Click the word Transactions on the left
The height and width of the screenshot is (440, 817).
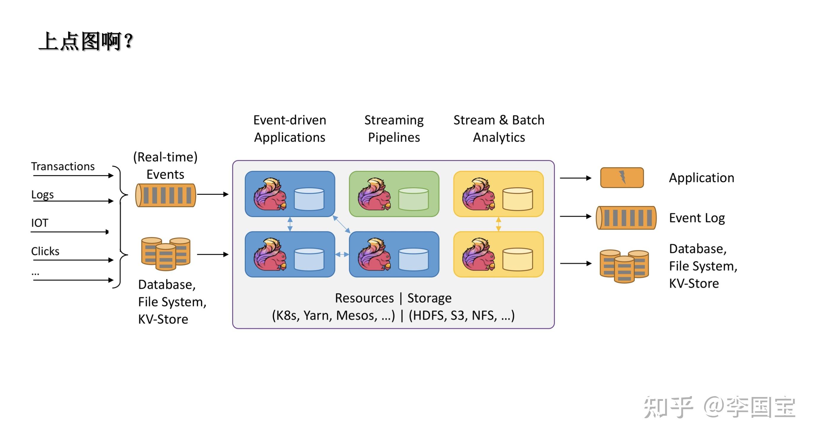(x=63, y=166)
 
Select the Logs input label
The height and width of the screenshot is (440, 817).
(x=42, y=194)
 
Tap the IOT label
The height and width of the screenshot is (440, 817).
(x=40, y=223)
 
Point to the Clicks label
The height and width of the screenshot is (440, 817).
(x=45, y=251)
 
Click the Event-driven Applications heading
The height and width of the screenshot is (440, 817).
(x=290, y=129)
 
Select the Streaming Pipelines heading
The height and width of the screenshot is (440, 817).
(x=394, y=129)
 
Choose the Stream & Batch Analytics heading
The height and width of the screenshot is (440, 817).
(x=499, y=129)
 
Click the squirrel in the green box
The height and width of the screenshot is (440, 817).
(x=374, y=194)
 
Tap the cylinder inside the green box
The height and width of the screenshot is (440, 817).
(x=413, y=199)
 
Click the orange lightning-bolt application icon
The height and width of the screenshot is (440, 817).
(x=622, y=178)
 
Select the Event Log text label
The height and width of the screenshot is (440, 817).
(x=697, y=218)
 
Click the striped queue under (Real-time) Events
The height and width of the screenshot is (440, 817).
(x=166, y=195)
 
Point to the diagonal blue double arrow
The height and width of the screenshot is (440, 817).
(x=342, y=224)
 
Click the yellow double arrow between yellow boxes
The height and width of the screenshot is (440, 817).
(x=498, y=224)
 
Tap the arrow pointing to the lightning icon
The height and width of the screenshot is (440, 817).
(x=575, y=178)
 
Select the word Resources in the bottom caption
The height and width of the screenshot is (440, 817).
(x=364, y=298)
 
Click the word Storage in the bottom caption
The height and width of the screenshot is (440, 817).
(x=429, y=298)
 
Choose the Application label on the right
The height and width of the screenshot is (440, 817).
(x=701, y=178)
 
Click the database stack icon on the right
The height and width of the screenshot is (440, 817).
(x=624, y=266)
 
